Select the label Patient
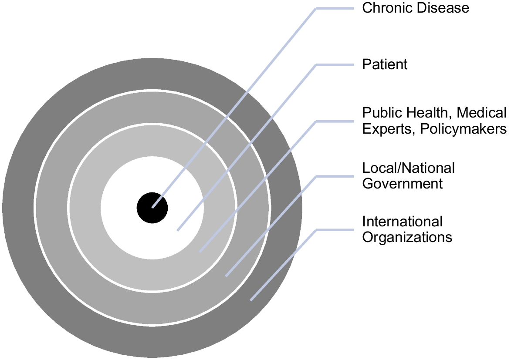385,64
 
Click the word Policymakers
463,129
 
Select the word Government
403,183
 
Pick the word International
403,222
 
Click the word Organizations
407,237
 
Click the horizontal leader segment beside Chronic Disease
335,8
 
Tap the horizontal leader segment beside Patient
335,65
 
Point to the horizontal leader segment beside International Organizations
335,229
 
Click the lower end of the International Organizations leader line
251,300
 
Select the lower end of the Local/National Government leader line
226,276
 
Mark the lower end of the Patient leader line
178,230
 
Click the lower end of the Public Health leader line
200,252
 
